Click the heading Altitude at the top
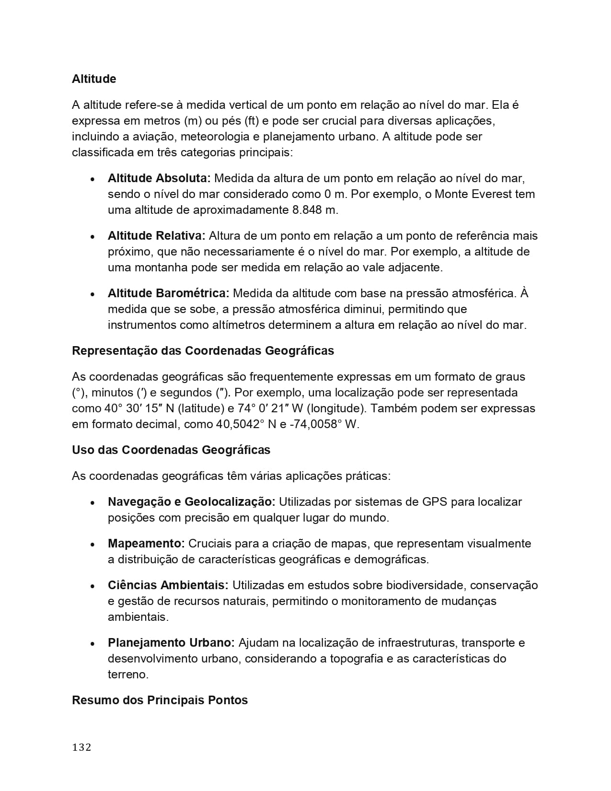coord(94,79)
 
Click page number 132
coord(81,747)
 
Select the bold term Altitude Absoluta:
coord(159,178)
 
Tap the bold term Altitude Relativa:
coord(156,236)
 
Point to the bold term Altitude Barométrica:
coord(168,293)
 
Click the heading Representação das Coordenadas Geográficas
coord(203,351)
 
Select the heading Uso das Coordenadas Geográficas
coord(171,450)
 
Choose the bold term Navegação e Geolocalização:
coord(191,502)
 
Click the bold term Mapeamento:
coord(146,544)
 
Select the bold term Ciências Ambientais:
coord(168,585)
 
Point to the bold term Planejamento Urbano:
coord(171,643)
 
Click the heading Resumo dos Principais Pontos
coord(160,700)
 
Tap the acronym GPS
coord(435,502)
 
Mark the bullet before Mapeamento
coord(92,545)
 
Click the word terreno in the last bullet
coord(127,675)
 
